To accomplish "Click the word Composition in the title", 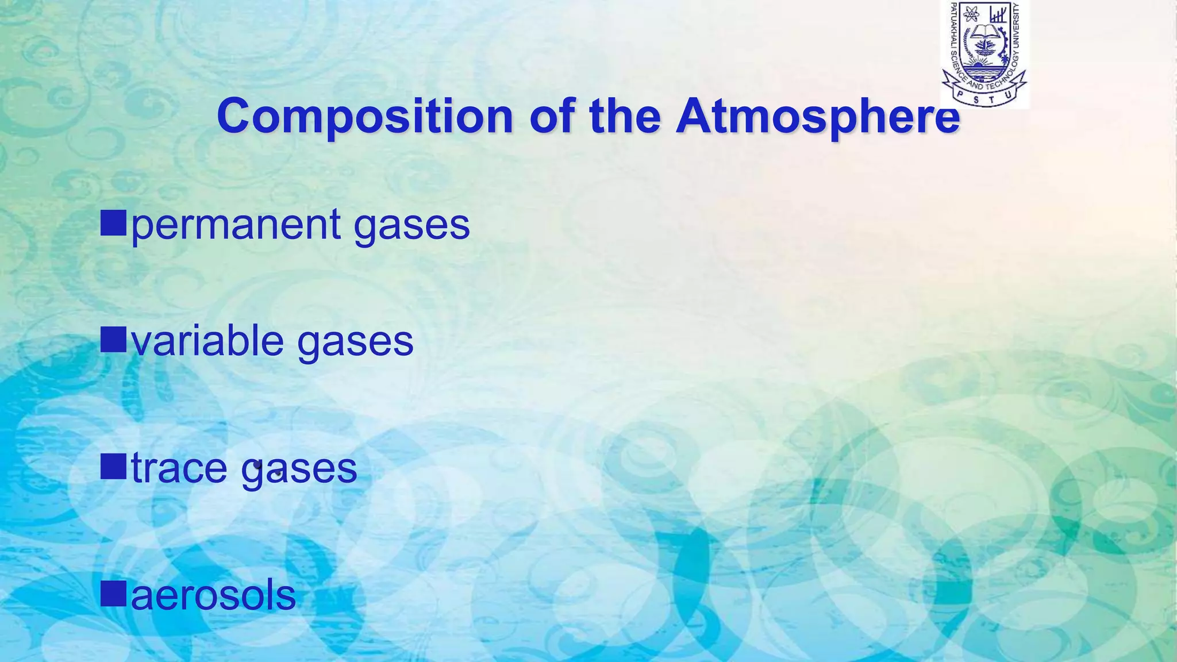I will point(364,116).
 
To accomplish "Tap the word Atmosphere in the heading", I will point(817,116).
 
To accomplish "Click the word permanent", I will point(236,225).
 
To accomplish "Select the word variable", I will point(207,341).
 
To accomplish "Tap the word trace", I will point(179,468).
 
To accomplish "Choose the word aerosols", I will point(213,596).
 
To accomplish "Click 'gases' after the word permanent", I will point(411,225).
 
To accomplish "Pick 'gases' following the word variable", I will point(355,341).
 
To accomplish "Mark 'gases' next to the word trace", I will point(299,468).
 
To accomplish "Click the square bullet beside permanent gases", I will point(113,223).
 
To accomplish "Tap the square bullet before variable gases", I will point(113,339).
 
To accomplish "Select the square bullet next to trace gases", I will point(113,466).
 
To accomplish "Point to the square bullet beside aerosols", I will point(113,594).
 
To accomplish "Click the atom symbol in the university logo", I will point(972,14).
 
